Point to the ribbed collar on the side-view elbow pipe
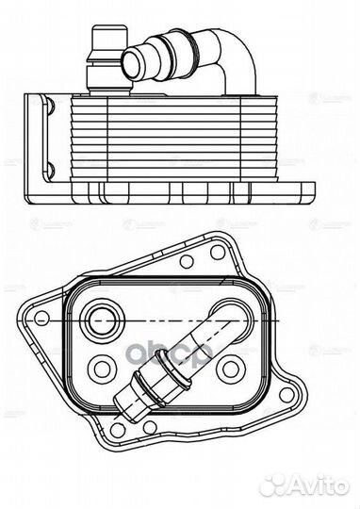coord(170,43)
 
